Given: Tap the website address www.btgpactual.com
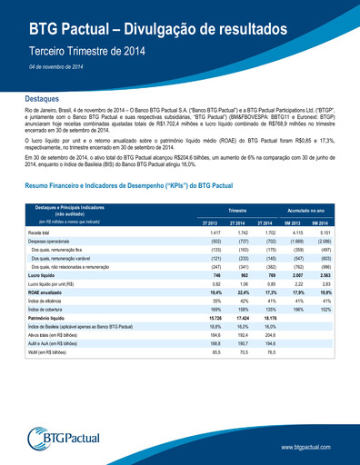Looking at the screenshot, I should (314, 447).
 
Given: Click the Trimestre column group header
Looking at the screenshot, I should (238, 209).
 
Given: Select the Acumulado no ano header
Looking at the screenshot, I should (305, 209).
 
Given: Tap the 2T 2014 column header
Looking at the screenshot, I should (237, 222).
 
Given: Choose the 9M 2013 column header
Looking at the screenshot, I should (293, 222).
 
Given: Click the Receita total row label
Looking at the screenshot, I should (40, 233).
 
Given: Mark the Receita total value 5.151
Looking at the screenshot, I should (319, 233).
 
